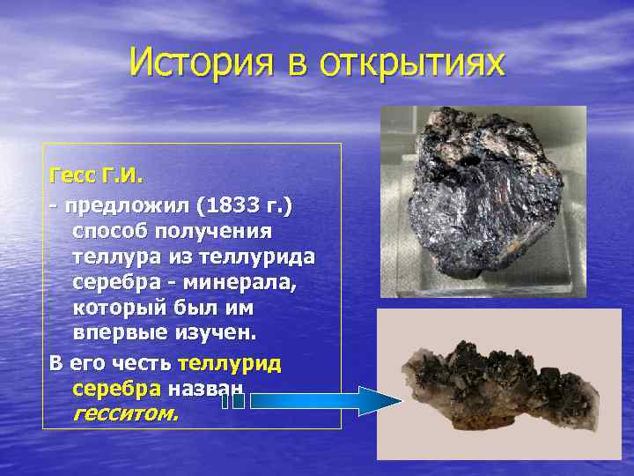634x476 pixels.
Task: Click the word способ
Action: pos(111,232)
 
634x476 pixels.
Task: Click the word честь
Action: pos(145,363)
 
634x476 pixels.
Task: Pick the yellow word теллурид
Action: pos(230,363)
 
